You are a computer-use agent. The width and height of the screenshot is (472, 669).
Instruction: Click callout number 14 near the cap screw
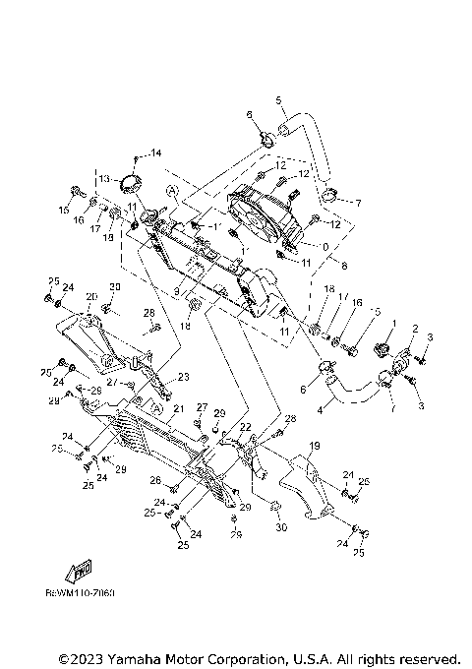point(155,152)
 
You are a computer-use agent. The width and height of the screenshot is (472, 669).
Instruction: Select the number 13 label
point(103,179)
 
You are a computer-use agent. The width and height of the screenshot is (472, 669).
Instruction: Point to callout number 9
point(177,291)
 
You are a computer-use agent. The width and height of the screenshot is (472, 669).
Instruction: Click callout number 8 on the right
point(342,264)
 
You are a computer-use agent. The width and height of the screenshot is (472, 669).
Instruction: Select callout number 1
point(393,322)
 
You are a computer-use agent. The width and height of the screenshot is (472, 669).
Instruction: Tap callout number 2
point(415,329)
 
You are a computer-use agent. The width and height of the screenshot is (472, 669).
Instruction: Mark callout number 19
point(315,447)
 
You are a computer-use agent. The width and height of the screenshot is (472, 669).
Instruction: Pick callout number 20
point(91,297)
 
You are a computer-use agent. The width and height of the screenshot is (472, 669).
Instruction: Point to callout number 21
point(179,408)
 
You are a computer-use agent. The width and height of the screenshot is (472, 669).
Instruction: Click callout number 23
point(182,377)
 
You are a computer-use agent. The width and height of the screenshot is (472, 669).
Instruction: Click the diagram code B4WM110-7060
point(81,594)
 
